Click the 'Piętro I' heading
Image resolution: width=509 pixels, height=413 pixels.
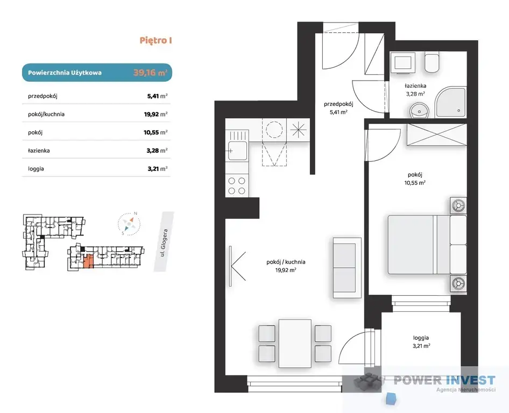[156, 40]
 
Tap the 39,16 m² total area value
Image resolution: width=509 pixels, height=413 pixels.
[150, 73]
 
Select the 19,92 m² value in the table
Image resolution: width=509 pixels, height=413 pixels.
[156, 114]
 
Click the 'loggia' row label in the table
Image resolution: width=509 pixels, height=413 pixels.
[36, 169]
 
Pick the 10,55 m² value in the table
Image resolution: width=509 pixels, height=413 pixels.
[156, 132]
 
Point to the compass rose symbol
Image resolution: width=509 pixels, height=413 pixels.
[129, 224]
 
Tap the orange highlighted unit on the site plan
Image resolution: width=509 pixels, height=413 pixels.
[88, 261]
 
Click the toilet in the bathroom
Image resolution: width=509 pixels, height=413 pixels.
[432, 63]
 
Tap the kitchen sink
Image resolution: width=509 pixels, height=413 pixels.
[238, 151]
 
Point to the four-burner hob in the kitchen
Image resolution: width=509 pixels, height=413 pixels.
[237, 186]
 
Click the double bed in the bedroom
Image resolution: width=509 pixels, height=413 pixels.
[427, 244]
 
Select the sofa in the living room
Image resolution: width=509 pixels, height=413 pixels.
[347, 268]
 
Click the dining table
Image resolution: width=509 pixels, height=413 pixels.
[295, 344]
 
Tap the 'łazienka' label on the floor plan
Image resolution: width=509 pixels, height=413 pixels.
[415, 86]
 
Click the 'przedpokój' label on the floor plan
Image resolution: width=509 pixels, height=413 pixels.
[338, 104]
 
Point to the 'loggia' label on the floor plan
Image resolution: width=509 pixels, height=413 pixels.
[421, 338]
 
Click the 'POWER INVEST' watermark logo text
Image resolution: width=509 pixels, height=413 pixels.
[444, 380]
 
